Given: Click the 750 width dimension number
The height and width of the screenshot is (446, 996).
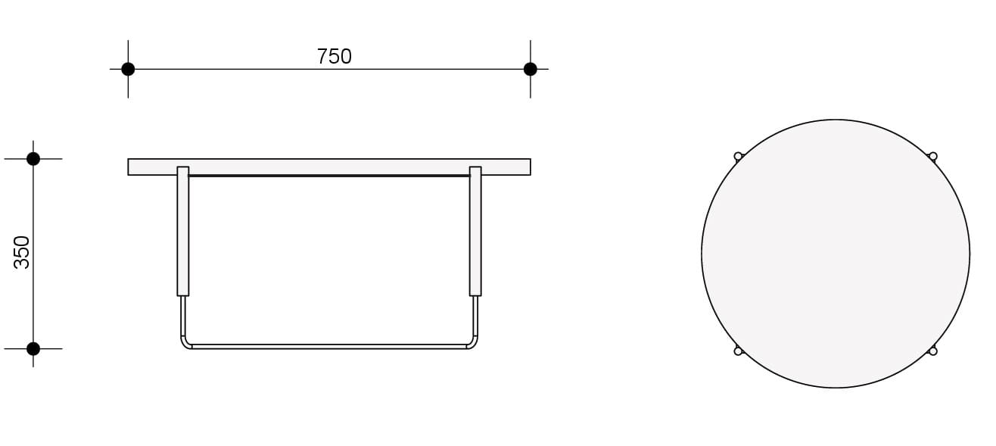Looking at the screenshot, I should [x=334, y=57].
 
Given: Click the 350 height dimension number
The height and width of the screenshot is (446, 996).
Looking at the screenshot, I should [x=22, y=252].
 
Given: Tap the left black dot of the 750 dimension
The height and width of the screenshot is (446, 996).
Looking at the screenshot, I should [x=128, y=69].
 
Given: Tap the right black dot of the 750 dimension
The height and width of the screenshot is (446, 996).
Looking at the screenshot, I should [x=530, y=69].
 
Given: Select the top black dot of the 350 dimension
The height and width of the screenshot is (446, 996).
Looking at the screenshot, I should [x=33, y=159].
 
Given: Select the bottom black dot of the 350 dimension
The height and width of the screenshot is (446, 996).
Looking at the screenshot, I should [x=33, y=348].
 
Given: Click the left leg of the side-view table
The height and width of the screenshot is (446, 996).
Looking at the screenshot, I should [x=182, y=231].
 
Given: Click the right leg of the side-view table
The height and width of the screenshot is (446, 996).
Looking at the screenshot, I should [x=475, y=231].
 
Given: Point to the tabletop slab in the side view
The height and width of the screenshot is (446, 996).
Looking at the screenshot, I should [x=329, y=167].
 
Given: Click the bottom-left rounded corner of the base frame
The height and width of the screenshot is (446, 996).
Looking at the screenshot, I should [x=185, y=344].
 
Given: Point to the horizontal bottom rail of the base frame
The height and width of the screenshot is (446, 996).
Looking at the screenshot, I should [x=329, y=347].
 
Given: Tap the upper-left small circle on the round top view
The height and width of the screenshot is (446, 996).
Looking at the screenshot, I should [x=738, y=157].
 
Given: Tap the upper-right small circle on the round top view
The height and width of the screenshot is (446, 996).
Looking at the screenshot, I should [x=933, y=157].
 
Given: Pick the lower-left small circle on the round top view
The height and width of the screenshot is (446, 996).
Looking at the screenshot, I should [x=738, y=351].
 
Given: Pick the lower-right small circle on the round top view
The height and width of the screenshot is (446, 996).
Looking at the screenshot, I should [x=933, y=351].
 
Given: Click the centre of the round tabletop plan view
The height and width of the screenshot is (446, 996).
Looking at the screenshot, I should [x=836, y=254].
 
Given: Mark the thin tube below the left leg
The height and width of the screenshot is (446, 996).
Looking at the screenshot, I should [x=182, y=316].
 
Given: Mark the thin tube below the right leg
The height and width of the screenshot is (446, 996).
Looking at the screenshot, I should [x=475, y=316].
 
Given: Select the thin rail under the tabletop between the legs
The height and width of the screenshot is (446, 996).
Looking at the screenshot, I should [x=329, y=176].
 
